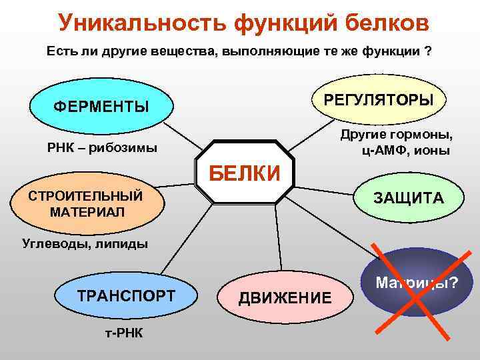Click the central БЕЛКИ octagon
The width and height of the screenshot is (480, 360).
click(245, 172)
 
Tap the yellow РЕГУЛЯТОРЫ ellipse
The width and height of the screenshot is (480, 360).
click(378, 99)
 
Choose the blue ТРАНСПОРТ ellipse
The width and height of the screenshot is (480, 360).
click(126, 296)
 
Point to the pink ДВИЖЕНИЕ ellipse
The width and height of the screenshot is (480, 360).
click(285, 297)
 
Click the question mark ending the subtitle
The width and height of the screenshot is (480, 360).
click(427, 51)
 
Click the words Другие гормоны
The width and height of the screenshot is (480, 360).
click(396, 135)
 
